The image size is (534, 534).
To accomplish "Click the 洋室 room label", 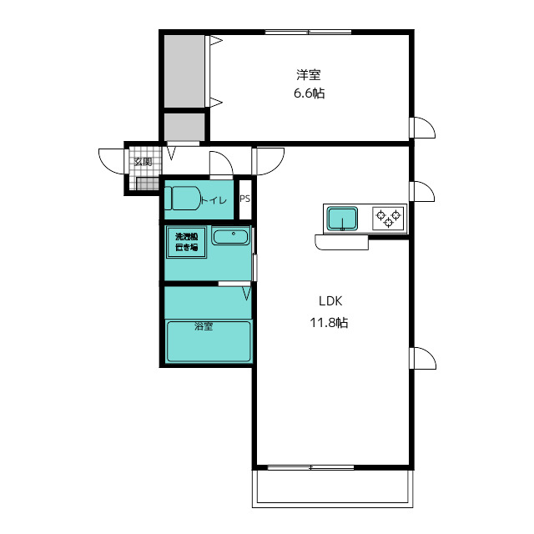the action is [x=309, y=75].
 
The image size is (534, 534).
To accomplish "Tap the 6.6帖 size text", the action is [x=310, y=93].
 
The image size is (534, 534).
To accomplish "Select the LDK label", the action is [x=330, y=301].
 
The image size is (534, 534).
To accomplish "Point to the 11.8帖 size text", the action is [x=329, y=322].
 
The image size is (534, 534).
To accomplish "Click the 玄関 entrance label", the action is [x=143, y=161].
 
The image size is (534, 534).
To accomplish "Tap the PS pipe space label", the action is [x=244, y=199].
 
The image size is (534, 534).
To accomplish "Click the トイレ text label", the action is [x=214, y=200].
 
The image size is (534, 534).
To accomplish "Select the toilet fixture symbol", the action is [x=183, y=198].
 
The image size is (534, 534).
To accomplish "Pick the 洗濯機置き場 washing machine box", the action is [x=186, y=242].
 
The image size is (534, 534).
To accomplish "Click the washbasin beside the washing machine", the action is [x=230, y=236].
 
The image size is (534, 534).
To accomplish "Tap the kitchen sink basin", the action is [x=342, y=219].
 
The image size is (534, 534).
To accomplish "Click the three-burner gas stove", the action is [x=388, y=219].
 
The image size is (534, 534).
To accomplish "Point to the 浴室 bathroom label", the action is [x=204, y=326].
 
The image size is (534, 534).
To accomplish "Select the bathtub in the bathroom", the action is [x=209, y=341].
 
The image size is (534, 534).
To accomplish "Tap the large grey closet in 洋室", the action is [x=184, y=71].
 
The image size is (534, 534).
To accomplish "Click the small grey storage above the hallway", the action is [x=184, y=127].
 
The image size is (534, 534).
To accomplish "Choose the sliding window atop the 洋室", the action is [x=308, y=33].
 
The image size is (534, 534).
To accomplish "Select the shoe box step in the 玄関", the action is [x=148, y=184].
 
